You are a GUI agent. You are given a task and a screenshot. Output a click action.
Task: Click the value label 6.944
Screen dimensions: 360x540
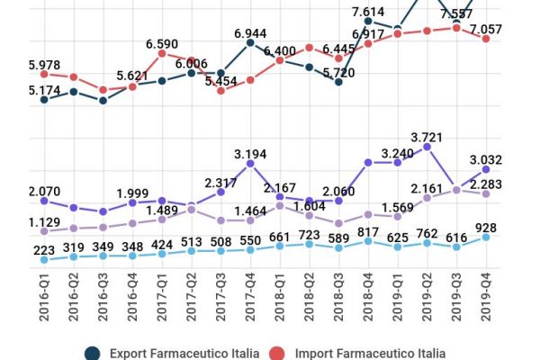coord(250,33)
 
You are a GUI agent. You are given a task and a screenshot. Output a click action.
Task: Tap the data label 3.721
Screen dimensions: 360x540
coord(427,137)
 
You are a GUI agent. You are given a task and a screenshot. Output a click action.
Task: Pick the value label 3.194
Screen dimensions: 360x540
coord(250,155)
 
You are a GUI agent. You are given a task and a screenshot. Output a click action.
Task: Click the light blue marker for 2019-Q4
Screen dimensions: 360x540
coord(486,237)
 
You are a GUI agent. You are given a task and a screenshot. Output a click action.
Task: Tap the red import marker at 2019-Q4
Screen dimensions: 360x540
coord(486,39)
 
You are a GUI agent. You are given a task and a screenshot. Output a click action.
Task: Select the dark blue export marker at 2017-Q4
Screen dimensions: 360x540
coord(250,42)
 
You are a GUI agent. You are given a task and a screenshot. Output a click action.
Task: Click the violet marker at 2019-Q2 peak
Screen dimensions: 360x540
coord(427,146)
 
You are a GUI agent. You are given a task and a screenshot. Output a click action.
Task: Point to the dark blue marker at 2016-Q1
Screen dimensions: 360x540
coord(44,100)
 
